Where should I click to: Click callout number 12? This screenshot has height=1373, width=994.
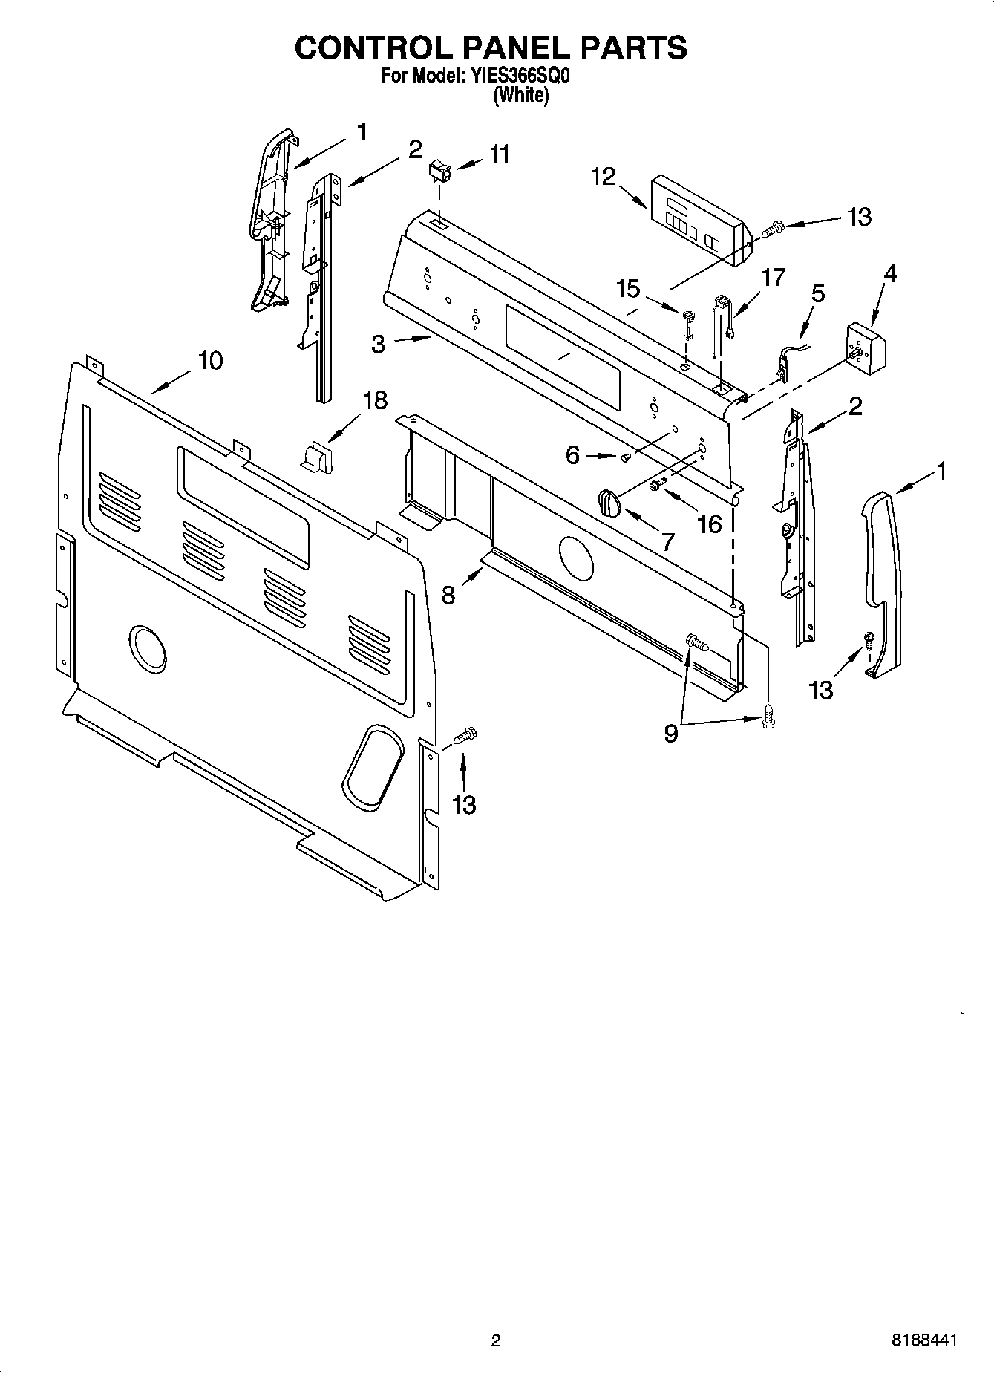coord(604,177)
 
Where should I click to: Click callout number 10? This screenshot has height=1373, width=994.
coord(210,361)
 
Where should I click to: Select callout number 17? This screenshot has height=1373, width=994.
coord(773,278)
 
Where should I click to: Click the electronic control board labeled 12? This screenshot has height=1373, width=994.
coord(696,221)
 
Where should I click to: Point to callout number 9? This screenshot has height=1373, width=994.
coord(670,734)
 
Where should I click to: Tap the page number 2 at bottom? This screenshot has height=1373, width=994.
coord(496,1340)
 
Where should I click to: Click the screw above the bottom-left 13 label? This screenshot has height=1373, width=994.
coord(464,736)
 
